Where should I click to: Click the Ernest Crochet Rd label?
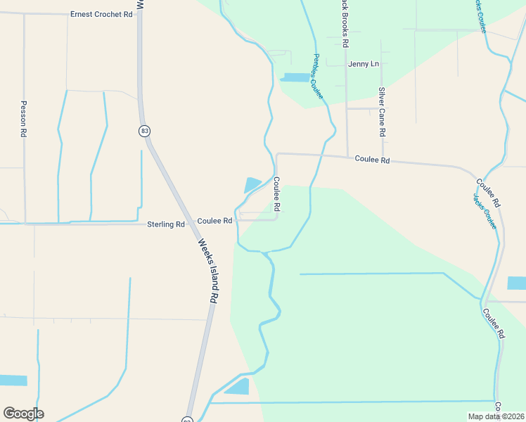[x=101, y=14]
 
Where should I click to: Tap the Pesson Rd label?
[x=23, y=117]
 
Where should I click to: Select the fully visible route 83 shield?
[x=144, y=131]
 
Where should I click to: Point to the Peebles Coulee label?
[x=317, y=77]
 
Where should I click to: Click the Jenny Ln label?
[x=365, y=64]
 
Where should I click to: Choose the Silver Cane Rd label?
[x=382, y=112]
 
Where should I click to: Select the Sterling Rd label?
[x=165, y=224]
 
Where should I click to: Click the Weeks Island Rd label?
[x=207, y=271]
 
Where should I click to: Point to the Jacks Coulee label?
[x=485, y=211]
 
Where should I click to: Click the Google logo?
[x=23, y=414]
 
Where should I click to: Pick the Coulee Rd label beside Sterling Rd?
[x=214, y=221]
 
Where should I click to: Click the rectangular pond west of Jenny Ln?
[x=296, y=77]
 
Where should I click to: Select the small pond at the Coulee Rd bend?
[x=252, y=185]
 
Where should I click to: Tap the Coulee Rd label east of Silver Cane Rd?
[x=372, y=160]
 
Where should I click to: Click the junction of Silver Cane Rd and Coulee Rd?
[x=383, y=159]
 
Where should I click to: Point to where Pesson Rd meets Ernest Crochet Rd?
[x=24, y=13]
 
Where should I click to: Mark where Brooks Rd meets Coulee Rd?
[x=347, y=157]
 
